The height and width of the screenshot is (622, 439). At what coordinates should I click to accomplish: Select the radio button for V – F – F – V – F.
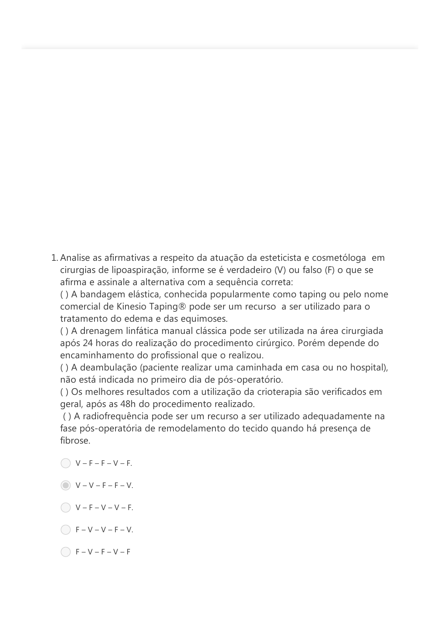coord(65,463)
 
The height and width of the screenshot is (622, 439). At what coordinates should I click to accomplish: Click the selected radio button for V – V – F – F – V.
coord(65,485)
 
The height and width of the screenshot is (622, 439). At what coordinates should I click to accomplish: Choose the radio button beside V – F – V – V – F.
coord(65,507)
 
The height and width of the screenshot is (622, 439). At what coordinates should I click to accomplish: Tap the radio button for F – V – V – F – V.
coord(65,530)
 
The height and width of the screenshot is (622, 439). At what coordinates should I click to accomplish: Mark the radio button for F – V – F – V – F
coord(65,552)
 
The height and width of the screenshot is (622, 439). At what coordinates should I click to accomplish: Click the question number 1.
coord(54,258)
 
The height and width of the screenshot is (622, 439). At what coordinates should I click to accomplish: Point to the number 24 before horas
coord(88,343)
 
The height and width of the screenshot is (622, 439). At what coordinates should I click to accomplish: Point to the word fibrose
coord(75,441)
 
